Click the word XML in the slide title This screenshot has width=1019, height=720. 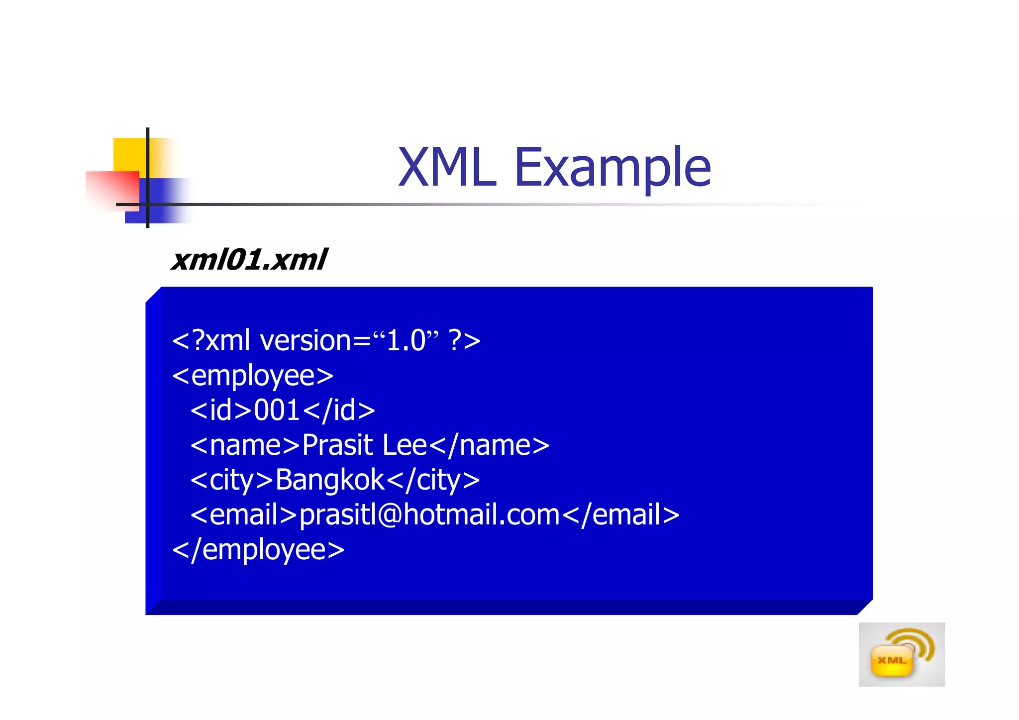click(x=447, y=168)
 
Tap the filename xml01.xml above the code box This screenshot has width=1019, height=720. click(x=249, y=260)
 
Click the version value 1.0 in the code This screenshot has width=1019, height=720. click(x=406, y=341)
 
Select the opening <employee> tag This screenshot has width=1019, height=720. click(x=253, y=376)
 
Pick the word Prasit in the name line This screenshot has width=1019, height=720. click(x=337, y=445)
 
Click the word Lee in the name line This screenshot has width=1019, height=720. click(x=405, y=445)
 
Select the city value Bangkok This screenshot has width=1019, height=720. click(x=330, y=480)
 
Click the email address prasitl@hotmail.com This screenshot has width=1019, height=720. click(x=429, y=515)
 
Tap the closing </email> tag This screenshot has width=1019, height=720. click(x=621, y=515)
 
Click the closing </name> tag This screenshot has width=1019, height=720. click(x=489, y=445)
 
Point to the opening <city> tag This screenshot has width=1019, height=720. click(x=232, y=480)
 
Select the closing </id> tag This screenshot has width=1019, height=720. click(x=339, y=411)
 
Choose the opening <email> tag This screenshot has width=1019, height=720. click(x=244, y=515)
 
